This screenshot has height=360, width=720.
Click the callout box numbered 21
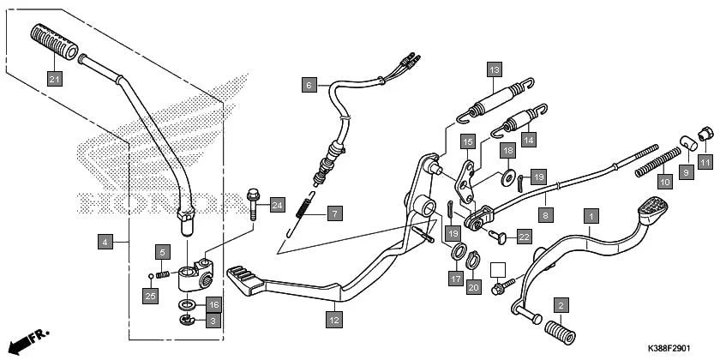click(54, 80)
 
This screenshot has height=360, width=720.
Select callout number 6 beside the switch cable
click(309, 84)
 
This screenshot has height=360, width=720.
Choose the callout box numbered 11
click(705, 160)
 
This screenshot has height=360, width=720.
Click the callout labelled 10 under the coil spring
click(664, 182)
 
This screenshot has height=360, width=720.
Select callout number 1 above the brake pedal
click(590, 216)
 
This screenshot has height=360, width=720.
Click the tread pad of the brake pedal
click(656, 205)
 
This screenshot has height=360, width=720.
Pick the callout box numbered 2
click(561, 304)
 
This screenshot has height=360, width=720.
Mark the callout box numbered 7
click(333, 212)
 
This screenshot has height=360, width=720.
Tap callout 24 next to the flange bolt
click(276, 205)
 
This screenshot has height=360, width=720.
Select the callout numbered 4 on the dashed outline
click(105, 243)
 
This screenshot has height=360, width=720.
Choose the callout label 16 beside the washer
click(214, 304)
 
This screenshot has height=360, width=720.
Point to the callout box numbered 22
click(524, 235)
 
